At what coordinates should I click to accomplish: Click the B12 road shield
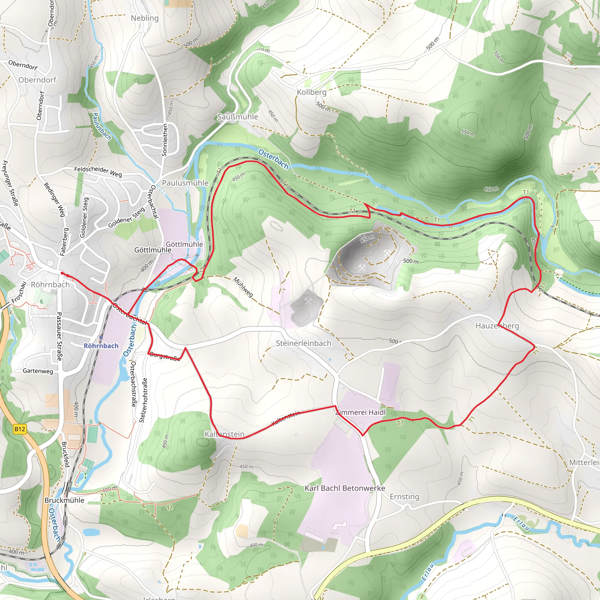coord(20,429)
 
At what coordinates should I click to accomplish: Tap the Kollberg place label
coord(311,92)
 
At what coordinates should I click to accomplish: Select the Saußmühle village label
coord(237,117)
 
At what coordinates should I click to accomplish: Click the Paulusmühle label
coord(185,183)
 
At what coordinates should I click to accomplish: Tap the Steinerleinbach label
coord(304,343)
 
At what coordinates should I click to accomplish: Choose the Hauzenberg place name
coord(497,326)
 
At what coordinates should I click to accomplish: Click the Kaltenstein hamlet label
coord(224,434)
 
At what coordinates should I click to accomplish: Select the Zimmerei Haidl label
coord(360,412)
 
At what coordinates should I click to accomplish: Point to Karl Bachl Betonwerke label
coord(345,488)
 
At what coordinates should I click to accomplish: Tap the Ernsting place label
coord(404,497)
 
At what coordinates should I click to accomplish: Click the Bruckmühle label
coord(64,500)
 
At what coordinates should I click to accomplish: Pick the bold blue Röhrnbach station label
coord(101,346)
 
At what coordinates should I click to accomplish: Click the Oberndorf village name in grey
coord(37,80)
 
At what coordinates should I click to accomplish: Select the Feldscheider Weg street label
coord(98,171)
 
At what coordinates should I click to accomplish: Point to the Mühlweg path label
coord(243,287)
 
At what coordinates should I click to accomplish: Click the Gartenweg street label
coord(38,371)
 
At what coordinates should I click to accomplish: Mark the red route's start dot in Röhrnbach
coord(62,273)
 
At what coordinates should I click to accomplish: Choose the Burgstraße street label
coord(165,357)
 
